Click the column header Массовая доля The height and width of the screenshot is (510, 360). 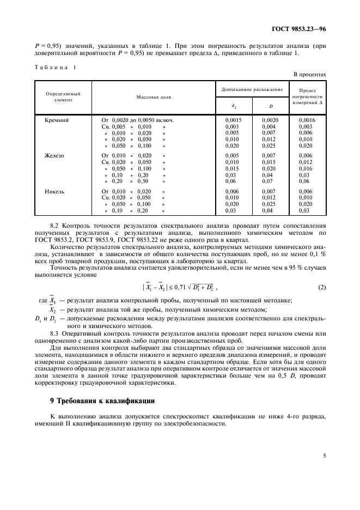point(153,97)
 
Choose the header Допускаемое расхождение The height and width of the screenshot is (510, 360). point(252,89)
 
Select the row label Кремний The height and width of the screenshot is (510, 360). point(56,119)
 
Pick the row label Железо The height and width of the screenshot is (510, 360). point(54,155)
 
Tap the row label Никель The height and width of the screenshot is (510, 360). point(54,191)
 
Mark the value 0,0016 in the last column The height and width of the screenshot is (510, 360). point(307,119)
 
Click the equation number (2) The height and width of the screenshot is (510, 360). point(322,287)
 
